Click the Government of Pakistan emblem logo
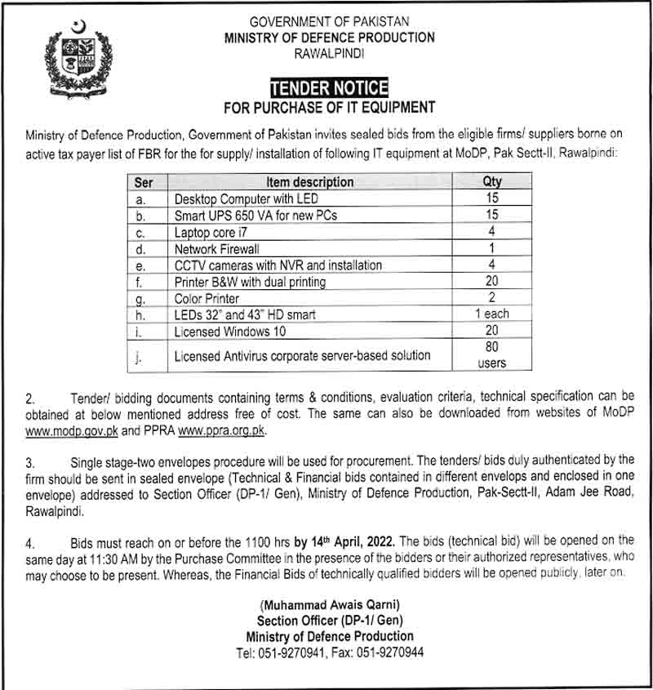point(78,57)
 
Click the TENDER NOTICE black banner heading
point(330,88)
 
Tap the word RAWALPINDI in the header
point(330,53)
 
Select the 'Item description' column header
point(309,182)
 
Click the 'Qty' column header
point(492,182)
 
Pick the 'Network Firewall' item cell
point(216,248)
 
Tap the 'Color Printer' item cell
point(207,298)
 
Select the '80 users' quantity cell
point(492,355)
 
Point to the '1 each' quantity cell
point(492,314)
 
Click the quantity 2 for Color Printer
point(492,298)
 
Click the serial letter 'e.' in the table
point(141,265)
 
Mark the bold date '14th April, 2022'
point(353,541)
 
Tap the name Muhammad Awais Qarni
point(330,604)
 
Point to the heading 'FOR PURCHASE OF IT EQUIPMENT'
point(330,107)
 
